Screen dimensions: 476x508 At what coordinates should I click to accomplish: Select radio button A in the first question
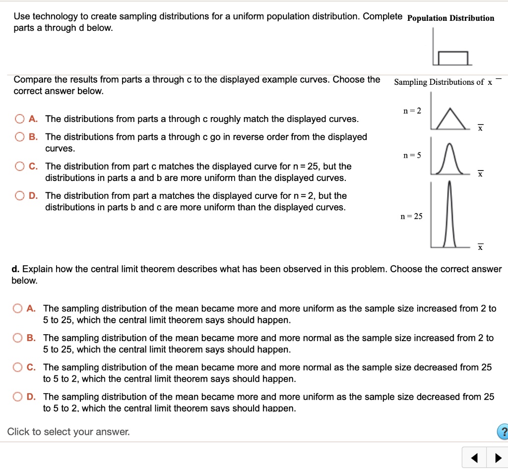pyautogui.click(x=19, y=119)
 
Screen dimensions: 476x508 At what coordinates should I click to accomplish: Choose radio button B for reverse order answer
pyautogui.click(x=19, y=137)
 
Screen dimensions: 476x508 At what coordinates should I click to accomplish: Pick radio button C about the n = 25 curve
pyautogui.click(x=19, y=167)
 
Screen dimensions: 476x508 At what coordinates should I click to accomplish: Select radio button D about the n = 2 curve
pyautogui.click(x=19, y=196)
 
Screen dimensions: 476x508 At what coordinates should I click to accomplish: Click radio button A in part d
pyautogui.click(x=18, y=308)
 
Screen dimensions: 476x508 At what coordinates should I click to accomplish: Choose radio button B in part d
pyautogui.click(x=18, y=338)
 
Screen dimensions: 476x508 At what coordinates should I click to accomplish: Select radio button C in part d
pyautogui.click(x=18, y=367)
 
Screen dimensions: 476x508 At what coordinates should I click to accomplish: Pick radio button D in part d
pyautogui.click(x=18, y=397)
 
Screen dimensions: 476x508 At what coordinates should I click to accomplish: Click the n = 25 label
pyautogui.click(x=412, y=216)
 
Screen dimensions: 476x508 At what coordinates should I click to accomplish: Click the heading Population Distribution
pyautogui.click(x=450, y=18)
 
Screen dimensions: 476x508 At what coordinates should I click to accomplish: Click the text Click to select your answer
pyautogui.click(x=68, y=432)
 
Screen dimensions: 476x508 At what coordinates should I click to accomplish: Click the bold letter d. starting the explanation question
pyautogui.click(x=15, y=269)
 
